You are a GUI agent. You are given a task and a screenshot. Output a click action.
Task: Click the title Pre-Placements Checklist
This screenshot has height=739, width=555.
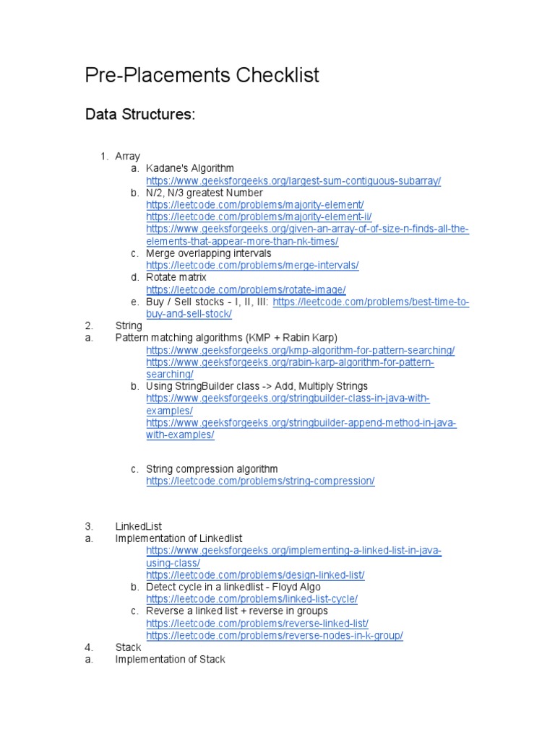(x=202, y=75)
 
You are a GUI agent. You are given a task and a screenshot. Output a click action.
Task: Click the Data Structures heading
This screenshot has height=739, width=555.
(x=140, y=115)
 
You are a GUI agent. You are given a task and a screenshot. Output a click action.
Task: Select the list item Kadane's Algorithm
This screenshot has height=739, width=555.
(x=190, y=168)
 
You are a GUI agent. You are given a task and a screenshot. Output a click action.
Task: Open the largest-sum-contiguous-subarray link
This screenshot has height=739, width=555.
(x=293, y=180)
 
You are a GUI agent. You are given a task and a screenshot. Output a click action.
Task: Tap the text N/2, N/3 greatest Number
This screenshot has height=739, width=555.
(x=205, y=193)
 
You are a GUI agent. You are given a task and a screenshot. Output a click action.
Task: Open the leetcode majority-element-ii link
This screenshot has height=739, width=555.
(x=259, y=217)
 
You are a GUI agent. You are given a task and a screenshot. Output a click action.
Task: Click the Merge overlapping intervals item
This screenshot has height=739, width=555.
(x=209, y=253)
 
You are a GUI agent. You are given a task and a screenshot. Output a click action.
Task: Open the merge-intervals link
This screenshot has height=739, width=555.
(x=252, y=266)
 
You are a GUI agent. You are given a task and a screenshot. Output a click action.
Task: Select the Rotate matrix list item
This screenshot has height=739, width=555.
(x=176, y=277)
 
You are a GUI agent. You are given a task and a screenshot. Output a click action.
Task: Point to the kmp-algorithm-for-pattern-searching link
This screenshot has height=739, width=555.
(x=300, y=350)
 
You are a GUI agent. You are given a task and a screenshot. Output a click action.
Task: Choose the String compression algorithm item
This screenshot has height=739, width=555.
(x=212, y=469)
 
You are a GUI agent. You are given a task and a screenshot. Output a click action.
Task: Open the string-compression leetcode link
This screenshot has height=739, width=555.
(x=260, y=481)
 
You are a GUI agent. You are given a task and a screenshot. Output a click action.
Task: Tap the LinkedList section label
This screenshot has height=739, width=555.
(x=138, y=526)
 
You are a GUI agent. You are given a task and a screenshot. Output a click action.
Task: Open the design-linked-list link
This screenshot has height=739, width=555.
(x=255, y=575)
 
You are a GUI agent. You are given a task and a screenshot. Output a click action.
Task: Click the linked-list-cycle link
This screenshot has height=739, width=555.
(x=251, y=599)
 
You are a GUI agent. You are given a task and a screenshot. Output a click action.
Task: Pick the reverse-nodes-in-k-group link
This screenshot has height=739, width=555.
(x=275, y=635)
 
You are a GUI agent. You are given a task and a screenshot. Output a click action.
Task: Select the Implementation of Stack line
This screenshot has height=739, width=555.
(x=170, y=659)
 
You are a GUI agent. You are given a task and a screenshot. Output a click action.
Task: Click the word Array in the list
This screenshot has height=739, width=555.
(x=128, y=156)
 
